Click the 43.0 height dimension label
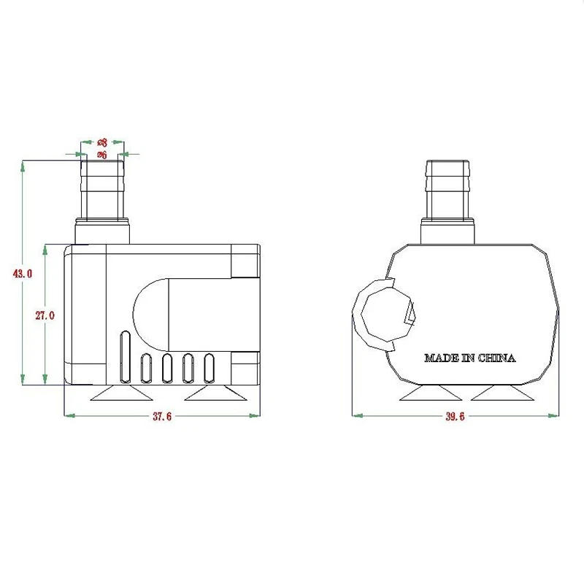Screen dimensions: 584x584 (x=23, y=274)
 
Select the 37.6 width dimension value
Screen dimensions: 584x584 (x=161, y=416)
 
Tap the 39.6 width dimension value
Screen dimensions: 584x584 (x=454, y=416)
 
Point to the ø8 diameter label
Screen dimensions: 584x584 (x=102, y=143)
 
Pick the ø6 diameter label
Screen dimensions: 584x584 (x=102, y=155)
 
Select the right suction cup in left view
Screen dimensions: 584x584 (x=215, y=394)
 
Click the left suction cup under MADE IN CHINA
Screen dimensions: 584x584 (x=430, y=394)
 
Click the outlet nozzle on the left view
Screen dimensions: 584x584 (x=102, y=191)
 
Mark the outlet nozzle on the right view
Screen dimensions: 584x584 (x=447, y=191)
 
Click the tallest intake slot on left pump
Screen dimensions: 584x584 (x=125, y=356)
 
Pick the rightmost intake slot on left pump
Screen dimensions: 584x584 (x=210, y=368)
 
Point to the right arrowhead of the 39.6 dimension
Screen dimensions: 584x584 (x=556, y=416)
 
